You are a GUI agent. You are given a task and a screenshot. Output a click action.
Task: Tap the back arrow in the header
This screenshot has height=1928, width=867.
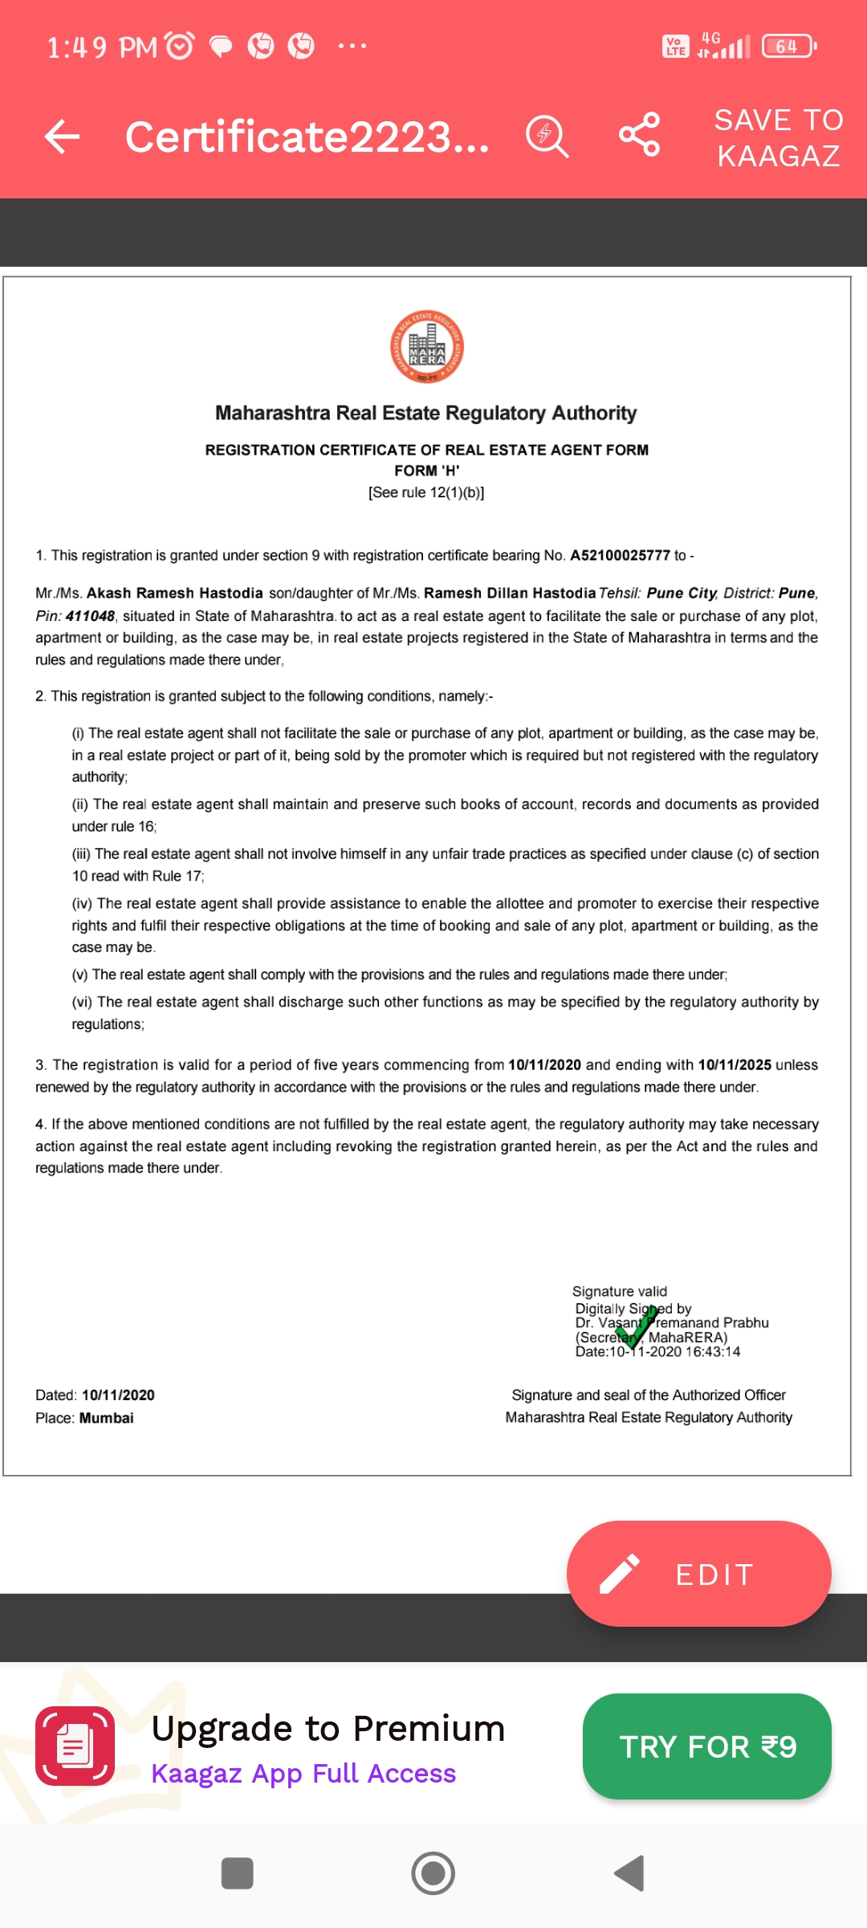tap(62, 137)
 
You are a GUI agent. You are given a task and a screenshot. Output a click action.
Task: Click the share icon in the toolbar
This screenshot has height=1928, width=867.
tap(639, 135)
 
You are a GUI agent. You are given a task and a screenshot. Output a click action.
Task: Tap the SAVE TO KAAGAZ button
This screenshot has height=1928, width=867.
tap(778, 137)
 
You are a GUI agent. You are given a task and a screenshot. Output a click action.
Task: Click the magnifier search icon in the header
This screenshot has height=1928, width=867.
tap(547, 136)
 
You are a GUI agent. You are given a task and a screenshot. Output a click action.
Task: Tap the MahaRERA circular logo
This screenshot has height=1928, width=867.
tap(426, 347)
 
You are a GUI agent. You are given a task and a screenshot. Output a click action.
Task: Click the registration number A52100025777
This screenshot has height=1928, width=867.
tap(620, 555)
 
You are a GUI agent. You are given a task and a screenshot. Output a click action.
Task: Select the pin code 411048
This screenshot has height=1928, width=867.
tap(90, 616)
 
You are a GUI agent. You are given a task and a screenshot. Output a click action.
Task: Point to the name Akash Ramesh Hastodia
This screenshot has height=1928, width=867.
tap(174, 593)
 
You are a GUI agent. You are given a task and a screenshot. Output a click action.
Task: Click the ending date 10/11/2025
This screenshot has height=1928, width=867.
tap(734, 1064)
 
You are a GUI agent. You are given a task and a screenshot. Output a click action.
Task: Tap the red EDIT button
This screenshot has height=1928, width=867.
tap(698, 1574)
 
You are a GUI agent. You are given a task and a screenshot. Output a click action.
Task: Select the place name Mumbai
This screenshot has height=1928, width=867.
tap(106, 1418)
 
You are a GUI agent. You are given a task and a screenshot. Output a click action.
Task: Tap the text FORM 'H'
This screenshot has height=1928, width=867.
tap(426, 471)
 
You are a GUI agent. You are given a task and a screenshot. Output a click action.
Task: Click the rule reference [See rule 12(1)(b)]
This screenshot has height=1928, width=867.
tap(426, 492)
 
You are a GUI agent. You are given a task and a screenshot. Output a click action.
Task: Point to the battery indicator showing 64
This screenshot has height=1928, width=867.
tap(788, 47)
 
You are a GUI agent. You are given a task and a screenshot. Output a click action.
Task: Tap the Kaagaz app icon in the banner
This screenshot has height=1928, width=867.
tap(75, 1746)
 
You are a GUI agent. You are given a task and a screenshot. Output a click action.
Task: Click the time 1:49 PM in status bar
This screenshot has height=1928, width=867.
tap(102, 47)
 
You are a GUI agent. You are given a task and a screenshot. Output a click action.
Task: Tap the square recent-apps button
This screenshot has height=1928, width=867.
tap(237, 1873)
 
